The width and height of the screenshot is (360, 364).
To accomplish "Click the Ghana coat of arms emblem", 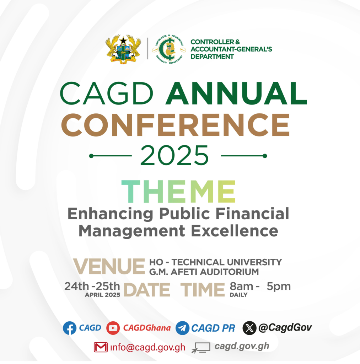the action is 123,49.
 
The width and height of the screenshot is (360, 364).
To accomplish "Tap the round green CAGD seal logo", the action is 169,49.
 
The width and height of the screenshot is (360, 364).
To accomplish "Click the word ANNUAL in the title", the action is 236,93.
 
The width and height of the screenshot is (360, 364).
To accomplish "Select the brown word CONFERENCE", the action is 176,125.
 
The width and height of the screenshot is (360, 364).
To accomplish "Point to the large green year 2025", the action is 174,155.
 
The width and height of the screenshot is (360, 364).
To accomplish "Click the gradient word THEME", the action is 178,192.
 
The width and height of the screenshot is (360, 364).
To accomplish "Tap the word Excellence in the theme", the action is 235,231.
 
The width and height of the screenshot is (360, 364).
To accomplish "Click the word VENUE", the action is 109,267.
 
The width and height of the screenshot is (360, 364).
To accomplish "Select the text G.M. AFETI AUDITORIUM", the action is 204,272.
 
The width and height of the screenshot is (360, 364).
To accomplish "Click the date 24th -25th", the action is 92,287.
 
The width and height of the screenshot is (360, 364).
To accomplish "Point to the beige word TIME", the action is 203,290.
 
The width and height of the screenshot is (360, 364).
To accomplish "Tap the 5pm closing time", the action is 279,287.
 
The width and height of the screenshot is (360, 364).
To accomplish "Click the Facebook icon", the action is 70,328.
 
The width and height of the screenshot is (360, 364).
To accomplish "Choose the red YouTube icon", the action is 113,328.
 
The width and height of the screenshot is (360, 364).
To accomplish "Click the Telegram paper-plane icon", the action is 182,328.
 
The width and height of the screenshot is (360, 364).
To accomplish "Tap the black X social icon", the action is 249,328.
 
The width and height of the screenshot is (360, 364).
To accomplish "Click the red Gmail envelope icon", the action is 101,347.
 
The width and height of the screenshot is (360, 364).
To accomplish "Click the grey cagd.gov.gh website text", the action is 242,346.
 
